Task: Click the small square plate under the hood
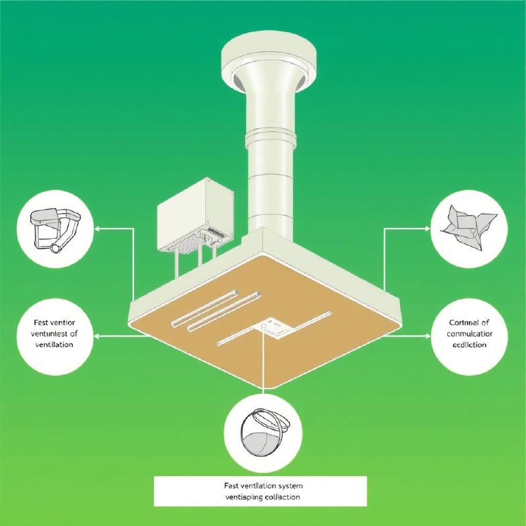(x=276, y=327)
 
